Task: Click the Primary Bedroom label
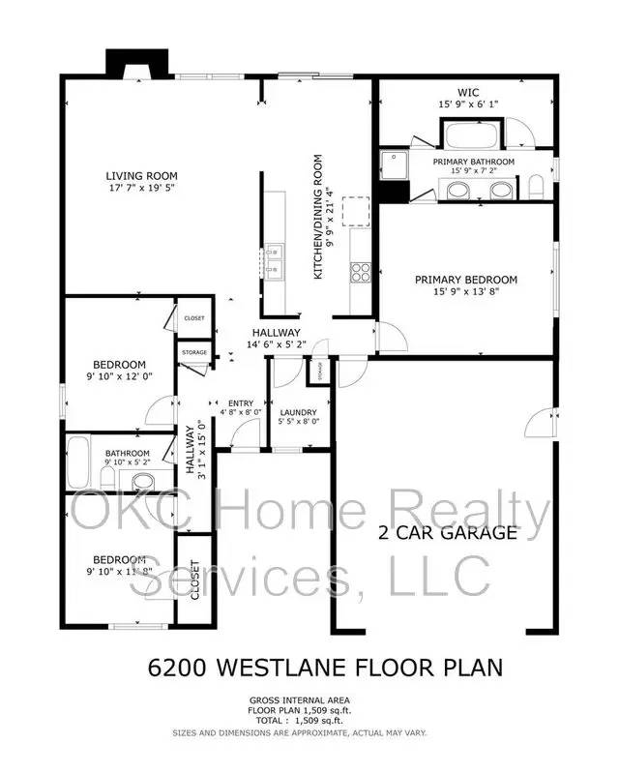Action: pyautogui.click(x=466, y=280)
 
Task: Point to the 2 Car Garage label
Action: pyautogui.click(x=447, y=531)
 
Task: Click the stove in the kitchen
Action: pyautogui.click(x=360, y=272)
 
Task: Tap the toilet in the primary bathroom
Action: pyautogui.click(x=536, y=186)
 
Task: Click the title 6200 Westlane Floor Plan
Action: pyautogui.click(x=325, y=667)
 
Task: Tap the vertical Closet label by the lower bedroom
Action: pyautogui.click(x=194, y=580)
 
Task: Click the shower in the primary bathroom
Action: pyautogui.click(x=394, y=164)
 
